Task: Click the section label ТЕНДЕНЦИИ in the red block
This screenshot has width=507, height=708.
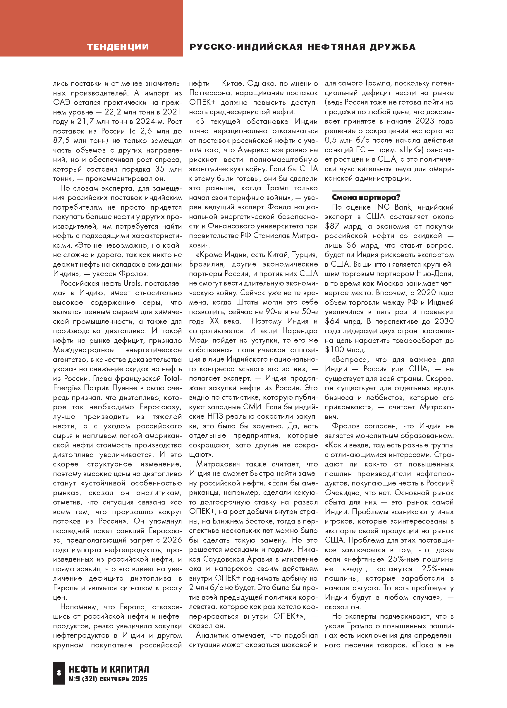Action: [x=118, y=47]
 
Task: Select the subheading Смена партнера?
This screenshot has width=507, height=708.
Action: [x=366, y=197]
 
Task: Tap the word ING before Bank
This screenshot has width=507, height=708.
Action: [x=382, y=207]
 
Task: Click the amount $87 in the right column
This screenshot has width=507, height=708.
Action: [x=332, y=226]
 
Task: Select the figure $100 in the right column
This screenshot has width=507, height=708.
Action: [x=334, y=350]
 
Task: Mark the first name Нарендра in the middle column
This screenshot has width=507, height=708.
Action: [x=300, y=331]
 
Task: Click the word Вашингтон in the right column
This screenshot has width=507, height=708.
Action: [x=371, y=264]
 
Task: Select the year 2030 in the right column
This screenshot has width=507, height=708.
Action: [x=444, y=321]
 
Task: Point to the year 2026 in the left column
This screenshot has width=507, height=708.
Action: [x=172, y=540]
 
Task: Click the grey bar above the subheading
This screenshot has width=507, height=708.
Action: [x=366, y=191]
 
